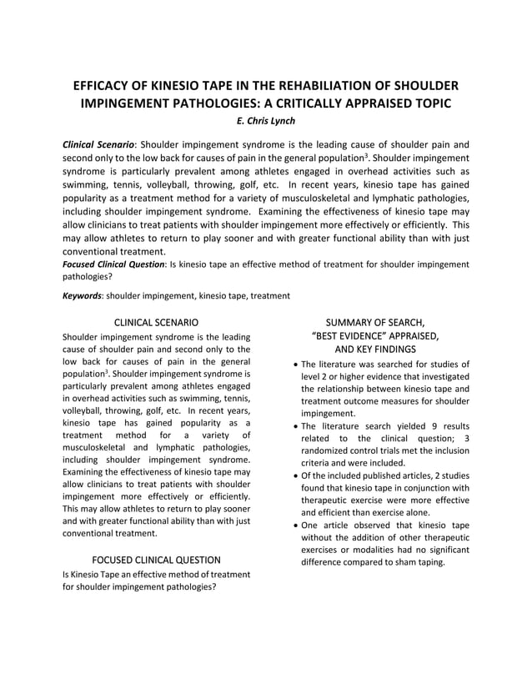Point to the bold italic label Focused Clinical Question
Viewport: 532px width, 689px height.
pyautogui.click(x=114, y=264)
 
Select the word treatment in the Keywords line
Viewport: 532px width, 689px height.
pyautogui.click(x=269, y=295)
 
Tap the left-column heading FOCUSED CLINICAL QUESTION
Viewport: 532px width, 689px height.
pyautogui.click(x=156, y=560)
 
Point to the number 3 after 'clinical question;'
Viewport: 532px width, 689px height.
pyautogui.click(x=466, y=438)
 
